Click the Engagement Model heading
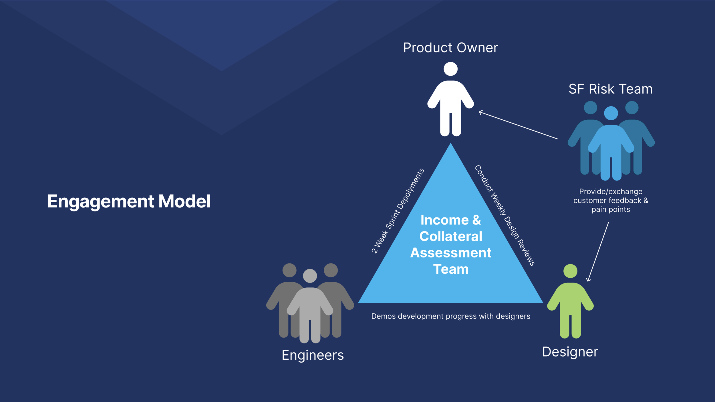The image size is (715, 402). coord(129,201)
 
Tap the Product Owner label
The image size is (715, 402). coord(450,48)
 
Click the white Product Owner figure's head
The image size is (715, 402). coord(450,69)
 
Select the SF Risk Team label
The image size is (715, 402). coord(610,89)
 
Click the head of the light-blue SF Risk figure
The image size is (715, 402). coord(611,113)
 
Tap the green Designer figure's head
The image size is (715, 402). coord(570,271)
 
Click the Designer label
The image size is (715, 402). coord(570,352)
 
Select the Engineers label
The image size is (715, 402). coord(313,355)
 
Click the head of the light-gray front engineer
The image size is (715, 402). coord(310,276)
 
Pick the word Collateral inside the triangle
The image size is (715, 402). coord(451,236)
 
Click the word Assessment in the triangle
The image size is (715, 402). coord(451,253)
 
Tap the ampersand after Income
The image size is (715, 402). coord(476,220)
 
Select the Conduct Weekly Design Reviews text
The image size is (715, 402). coord(505,216)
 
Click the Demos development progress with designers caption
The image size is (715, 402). coord(450,316)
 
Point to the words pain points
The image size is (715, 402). coord(611,209)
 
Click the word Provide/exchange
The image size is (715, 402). coord(611,191)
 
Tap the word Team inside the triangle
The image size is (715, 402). coord(451,269)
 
